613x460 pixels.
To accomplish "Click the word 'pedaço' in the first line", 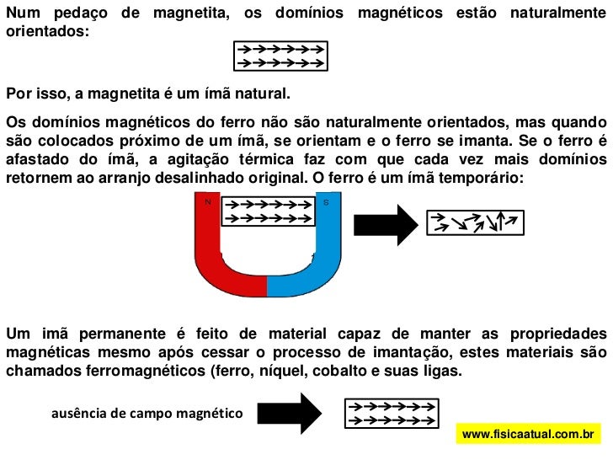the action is pyautogui.click(x=95, y=14).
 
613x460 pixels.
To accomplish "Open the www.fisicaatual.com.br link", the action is pyautogui.click(x=529, y=434).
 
